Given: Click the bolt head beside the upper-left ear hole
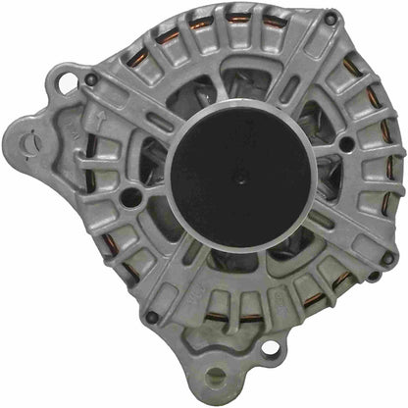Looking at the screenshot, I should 91,79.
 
